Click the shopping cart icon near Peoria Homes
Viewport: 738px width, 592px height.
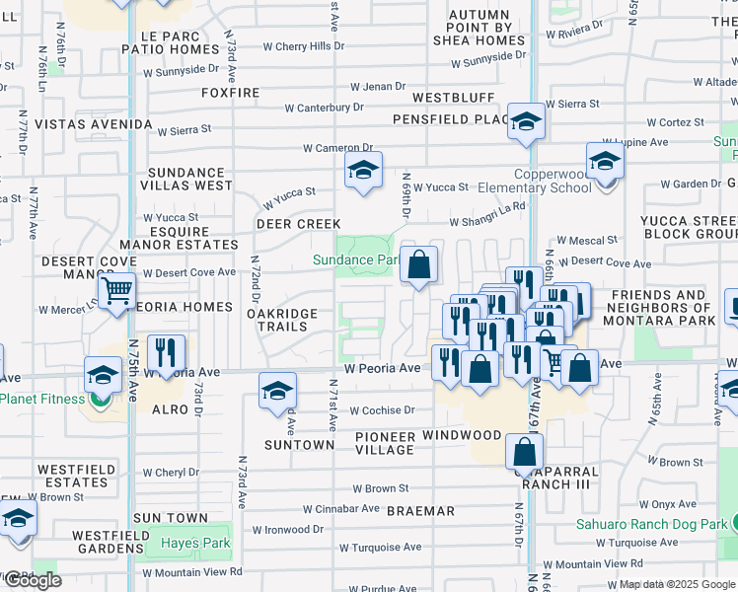(x=116, y=291)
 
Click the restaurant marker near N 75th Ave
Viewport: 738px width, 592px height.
(x=166, y=353)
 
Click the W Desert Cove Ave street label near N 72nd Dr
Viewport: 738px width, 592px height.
(x=189, y=272)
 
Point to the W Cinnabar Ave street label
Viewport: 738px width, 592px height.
(x=341, y=509)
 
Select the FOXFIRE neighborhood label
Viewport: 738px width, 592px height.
(x=230, y=93)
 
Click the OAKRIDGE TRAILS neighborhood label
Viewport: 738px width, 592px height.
(x=282, y=320)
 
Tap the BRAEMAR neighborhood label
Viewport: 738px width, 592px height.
(x=420, y=511)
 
